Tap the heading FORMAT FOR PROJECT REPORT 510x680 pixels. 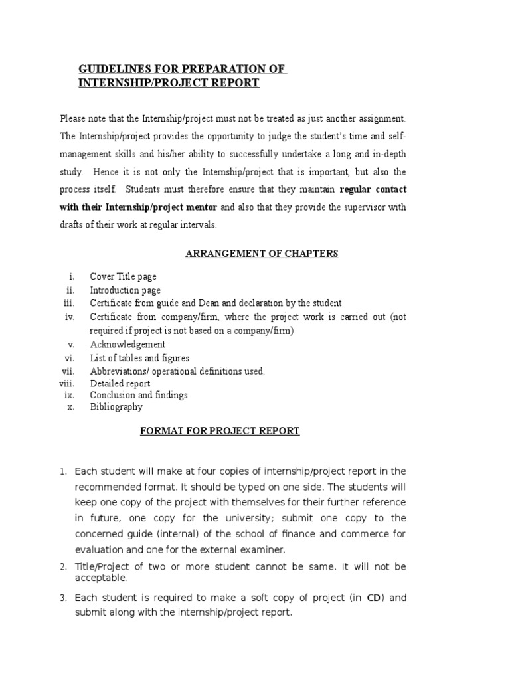[220, 431]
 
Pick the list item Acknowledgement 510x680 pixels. [127, 345]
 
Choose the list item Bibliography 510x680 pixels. [116, 407]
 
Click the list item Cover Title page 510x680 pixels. [124, 276]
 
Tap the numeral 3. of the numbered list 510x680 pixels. [63, 598]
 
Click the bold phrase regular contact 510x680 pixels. [373, 189]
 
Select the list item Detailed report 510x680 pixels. [120, 383]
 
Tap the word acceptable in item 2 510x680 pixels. [102, 578]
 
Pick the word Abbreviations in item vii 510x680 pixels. [119, 371]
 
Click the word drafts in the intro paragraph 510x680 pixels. [72, 225]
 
